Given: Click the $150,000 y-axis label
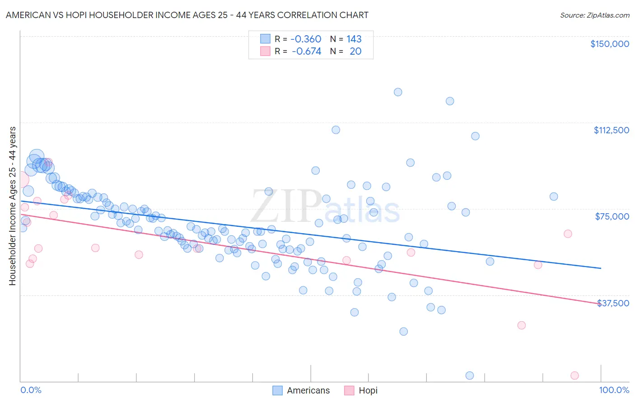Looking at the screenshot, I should click(609, 44).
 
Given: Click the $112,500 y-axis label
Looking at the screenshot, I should click(611, 130).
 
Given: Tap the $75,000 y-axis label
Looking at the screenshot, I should click(612, 216).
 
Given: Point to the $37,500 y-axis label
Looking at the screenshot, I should click(613, 303).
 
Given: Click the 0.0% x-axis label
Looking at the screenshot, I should click(31, 390).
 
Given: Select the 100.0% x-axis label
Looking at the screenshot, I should click(614, 390).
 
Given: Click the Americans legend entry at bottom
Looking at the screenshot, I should click(301, 390).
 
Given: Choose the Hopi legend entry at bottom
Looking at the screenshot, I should click(361, 390).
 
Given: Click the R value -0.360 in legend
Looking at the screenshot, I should click(306, 39).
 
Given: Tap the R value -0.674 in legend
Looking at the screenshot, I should click(306, 51).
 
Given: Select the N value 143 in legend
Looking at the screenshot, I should click(354, 39).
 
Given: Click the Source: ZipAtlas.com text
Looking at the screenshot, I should click(594, 15).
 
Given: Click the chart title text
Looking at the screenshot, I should click(187, 15).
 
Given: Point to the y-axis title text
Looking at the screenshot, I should click(12, 206).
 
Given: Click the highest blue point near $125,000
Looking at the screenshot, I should click(398, 92).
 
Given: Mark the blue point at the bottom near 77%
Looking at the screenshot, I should click(470, 375).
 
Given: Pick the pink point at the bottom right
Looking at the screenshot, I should click(574, 375).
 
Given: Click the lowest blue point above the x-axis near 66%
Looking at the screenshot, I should click(403, 331).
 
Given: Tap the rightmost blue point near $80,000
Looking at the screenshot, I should click(554, 197).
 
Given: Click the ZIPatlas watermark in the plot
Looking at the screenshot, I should click(325, 206).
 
